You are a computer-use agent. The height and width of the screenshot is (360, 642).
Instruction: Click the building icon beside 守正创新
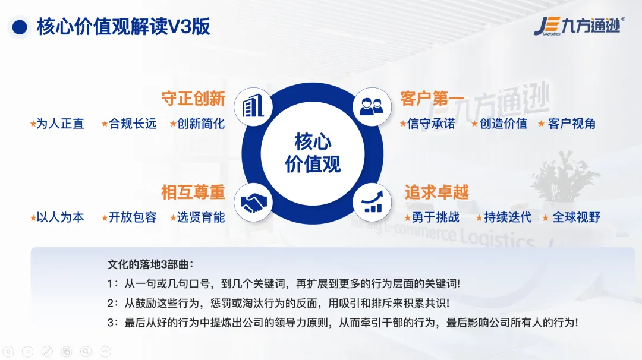coord(253,106)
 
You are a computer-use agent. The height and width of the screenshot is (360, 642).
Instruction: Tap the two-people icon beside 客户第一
coord(372,106)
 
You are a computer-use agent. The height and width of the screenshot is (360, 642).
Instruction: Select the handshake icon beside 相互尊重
coord(253,202)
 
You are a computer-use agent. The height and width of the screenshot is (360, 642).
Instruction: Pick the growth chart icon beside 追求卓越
coord(372,202)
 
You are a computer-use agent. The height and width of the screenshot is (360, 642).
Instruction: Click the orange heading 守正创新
coord(193,99)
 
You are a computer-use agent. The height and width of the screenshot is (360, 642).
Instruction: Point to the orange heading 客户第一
coord(432,99)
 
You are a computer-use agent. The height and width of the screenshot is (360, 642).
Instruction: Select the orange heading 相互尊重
coord(193,192)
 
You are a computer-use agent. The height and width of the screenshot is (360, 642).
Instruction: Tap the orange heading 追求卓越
coord(436,192)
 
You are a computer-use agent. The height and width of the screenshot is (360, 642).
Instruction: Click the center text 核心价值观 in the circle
coord(313,153)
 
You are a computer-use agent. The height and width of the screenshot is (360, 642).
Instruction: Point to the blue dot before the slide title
coord(20,27)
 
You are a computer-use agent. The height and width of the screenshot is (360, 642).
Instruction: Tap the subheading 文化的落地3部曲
coord(150,264)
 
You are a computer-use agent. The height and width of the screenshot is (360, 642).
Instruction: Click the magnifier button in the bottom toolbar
coord(86,352)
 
